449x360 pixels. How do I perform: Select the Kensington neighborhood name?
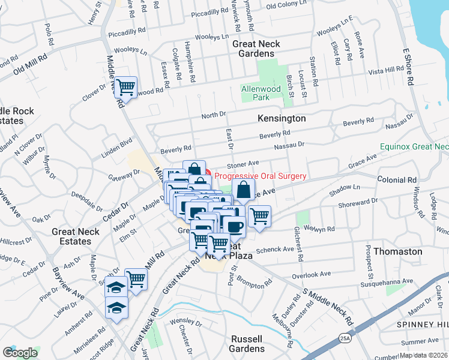coord(282,119)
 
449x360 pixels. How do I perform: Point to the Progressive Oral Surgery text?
coord(261,176)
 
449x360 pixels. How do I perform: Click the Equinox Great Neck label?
coord(414,146)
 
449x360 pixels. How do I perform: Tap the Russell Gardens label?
coord(247,344)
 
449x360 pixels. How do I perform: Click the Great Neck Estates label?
coord(79,236)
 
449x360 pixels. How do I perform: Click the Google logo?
coord(20,353)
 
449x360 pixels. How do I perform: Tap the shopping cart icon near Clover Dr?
coord(125,88)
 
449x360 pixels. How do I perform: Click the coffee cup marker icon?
coord(234,226)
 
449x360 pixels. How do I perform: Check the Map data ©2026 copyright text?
coord(423,355)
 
